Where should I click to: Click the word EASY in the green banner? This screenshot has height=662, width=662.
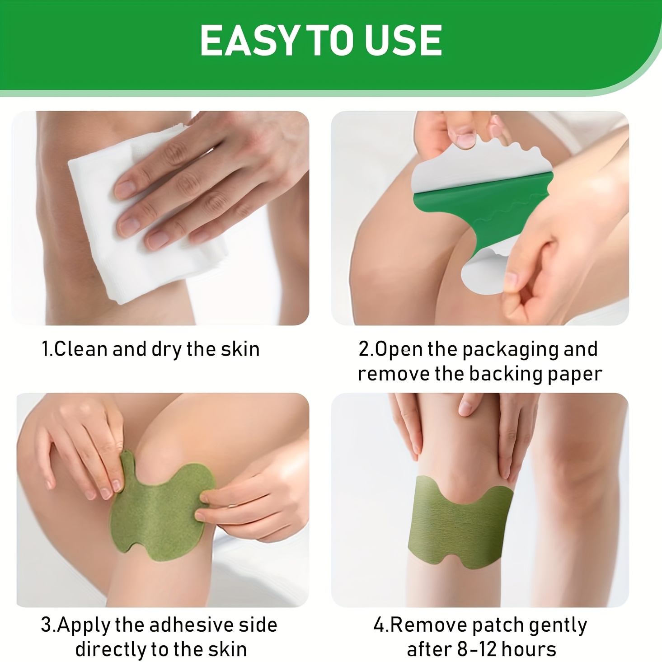249,40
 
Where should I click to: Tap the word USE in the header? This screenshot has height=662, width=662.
404,40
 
